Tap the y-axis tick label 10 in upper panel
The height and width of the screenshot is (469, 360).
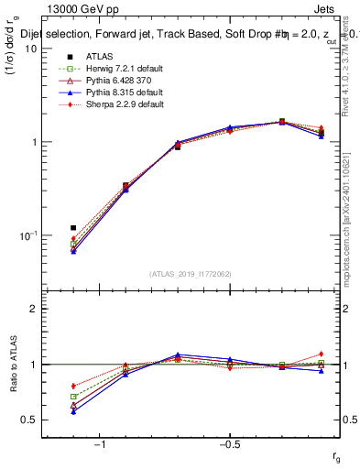click(30, 49)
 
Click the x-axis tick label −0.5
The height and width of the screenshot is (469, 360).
click(228, 443)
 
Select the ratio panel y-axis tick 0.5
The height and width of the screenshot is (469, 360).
click(29, 420)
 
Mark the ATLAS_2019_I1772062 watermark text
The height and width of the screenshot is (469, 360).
click(191, 274)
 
